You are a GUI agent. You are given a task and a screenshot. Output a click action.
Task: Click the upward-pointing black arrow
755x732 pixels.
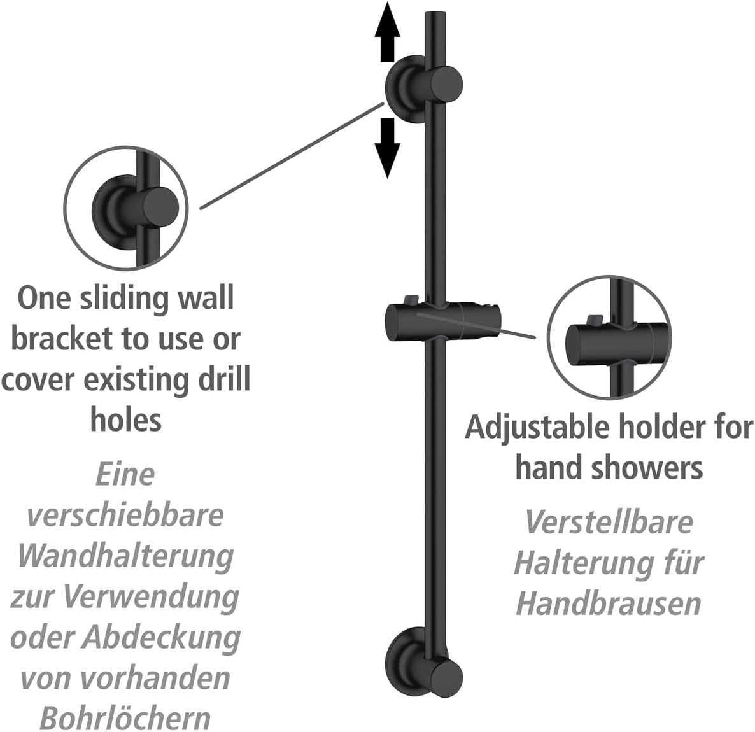coord(387,32)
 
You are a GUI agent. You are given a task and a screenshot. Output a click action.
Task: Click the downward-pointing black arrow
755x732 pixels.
coord(387,148)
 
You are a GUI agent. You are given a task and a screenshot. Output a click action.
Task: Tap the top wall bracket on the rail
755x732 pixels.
coord(423,88)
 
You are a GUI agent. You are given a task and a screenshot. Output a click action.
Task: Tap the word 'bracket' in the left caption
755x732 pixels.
coord(62,339)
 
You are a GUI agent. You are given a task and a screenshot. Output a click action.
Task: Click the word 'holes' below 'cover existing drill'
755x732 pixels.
coord(125,420)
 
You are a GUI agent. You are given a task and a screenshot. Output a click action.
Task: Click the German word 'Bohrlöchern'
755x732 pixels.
coord(125,719)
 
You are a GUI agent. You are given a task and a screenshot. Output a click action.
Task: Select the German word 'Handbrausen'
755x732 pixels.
coord(609,603)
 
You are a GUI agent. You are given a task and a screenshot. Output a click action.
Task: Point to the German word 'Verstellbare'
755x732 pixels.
coord(609,523)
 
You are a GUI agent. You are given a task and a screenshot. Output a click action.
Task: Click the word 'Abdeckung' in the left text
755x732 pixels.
coord(161,637)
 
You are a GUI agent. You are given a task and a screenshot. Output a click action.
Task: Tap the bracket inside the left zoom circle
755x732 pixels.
coord(136,210)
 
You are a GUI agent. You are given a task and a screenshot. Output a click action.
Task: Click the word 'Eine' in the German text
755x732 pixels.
coord(125,474)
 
